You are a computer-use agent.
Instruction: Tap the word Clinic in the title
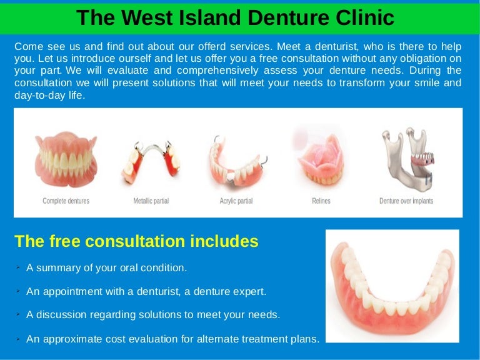coord(365,17)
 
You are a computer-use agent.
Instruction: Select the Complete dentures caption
coord(66,201)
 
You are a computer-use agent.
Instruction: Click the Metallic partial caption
coord(151,201)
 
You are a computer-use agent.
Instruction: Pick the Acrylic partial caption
coord(236,201)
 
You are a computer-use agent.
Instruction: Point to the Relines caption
coord(321,201)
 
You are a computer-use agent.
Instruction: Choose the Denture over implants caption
coord(406,201)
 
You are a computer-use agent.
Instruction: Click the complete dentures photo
coord(66,159)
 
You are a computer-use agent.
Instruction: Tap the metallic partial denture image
coord(151,162)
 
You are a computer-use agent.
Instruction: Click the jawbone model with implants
coord(407,157)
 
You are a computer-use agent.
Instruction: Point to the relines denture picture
coord(321,159)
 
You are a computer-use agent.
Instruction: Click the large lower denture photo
coord(392,286)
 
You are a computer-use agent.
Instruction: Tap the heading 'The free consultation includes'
coord(136,241)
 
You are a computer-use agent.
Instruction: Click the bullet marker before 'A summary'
coord(18,267)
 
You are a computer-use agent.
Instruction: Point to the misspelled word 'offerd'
coord(212,46)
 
